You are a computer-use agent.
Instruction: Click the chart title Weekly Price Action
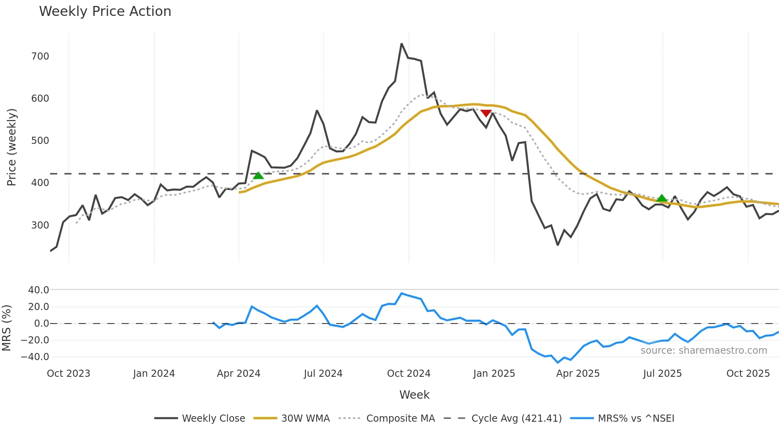(105, 12)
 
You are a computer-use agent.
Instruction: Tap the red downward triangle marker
(486, 113)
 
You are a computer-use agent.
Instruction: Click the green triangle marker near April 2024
(258, 176)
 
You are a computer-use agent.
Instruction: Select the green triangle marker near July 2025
(662, 198)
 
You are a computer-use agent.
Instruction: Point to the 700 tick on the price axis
(40, 56)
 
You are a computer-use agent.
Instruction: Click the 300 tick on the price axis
(40, 225)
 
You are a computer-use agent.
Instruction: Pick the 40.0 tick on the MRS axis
(39, 290)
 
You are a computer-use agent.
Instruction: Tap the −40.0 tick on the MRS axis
(35, 357)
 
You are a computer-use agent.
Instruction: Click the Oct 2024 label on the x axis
(409, 374)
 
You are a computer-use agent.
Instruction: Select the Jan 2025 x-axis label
(494, 374)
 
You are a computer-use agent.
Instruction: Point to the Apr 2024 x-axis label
(238, 374)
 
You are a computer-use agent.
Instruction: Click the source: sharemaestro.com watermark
(703, 351)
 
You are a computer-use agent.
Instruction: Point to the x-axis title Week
(414, 395)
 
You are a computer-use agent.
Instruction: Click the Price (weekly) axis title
(12, 147)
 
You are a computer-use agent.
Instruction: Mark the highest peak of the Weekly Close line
(401, 44)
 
